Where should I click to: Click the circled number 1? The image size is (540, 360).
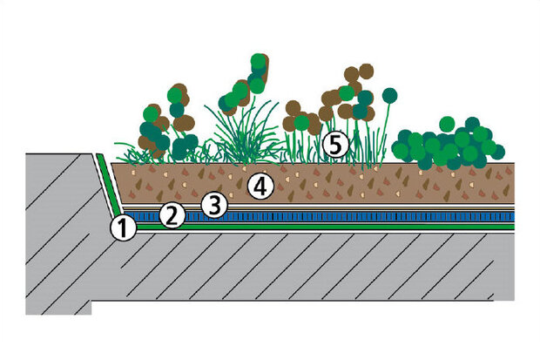[124, 228]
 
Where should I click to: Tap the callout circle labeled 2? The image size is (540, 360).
[172, 214]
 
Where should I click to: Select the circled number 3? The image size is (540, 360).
[214, 204]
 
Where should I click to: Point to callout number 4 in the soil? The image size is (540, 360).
[260, 185]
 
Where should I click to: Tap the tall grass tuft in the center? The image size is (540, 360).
[245, 139]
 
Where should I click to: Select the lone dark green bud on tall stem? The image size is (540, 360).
[388, 97]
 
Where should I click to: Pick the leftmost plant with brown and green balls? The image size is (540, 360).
[165, 122]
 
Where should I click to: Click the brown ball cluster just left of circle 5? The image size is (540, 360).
[300, 118]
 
